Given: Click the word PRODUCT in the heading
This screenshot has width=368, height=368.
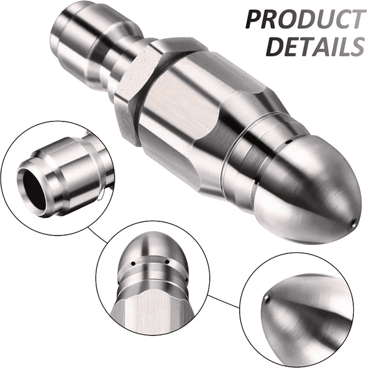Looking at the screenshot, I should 304,20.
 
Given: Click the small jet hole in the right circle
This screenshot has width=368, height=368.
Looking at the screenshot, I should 268,299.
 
